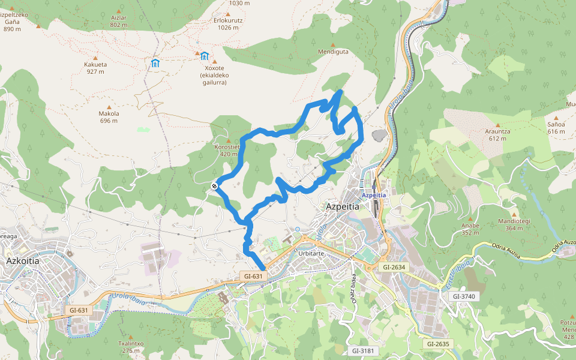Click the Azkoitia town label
click(23, 261)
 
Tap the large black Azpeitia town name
click(342, 206)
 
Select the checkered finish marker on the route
click(215, 186)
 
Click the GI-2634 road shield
click(394, 267)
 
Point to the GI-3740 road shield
click(464, 296)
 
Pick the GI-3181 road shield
click(363, 350)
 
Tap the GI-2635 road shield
click(439, 344)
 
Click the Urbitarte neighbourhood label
click(311, 253)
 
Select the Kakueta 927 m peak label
click(95, 67)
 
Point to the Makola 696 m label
click(109, 117)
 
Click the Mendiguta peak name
click(333, 52)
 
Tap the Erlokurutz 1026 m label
click(228, 23)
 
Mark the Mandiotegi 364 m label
click(514, 224)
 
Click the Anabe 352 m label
click(470, 229)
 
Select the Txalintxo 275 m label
click(130, 347)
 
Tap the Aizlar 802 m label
click(119, 21)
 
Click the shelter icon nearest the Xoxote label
click(205, 56)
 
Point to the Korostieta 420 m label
click(227, 150)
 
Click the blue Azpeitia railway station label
click(374, 195)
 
